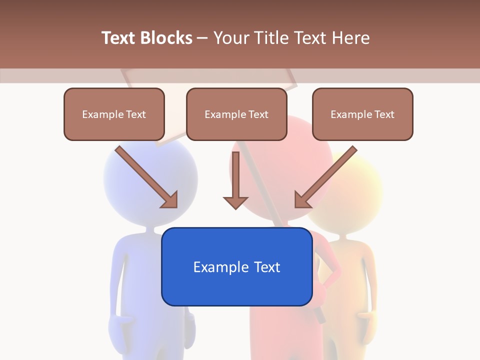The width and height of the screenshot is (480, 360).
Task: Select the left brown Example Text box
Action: tap(114, 114)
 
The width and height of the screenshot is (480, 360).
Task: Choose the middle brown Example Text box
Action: tap(236, 114)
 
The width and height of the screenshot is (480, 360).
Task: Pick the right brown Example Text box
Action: tap(362, 114)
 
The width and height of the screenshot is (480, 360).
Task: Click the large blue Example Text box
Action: tap(236, 266)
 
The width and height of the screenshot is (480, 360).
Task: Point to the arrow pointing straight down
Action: tap(235, 180)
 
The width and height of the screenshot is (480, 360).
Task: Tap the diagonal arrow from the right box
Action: tap(325, 177)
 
